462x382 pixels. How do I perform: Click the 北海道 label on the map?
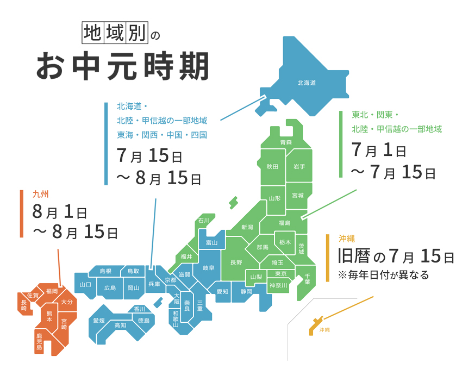307,83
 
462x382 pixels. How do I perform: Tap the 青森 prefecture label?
286,142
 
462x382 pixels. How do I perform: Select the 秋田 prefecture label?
272,166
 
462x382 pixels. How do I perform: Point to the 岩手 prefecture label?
299,166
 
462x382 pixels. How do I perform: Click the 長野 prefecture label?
236,262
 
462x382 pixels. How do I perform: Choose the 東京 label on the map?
281,273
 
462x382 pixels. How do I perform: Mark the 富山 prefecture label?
211,242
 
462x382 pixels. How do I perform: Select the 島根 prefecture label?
105,271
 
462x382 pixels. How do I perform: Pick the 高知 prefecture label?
120,325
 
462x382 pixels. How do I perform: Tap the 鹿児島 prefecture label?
39,343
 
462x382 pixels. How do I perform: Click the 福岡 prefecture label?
52,291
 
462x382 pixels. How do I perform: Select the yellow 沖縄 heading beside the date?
346,239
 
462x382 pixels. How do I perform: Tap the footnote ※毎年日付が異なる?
383,275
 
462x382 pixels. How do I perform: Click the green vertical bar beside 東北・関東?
341,144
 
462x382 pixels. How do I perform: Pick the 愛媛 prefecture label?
98,320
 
